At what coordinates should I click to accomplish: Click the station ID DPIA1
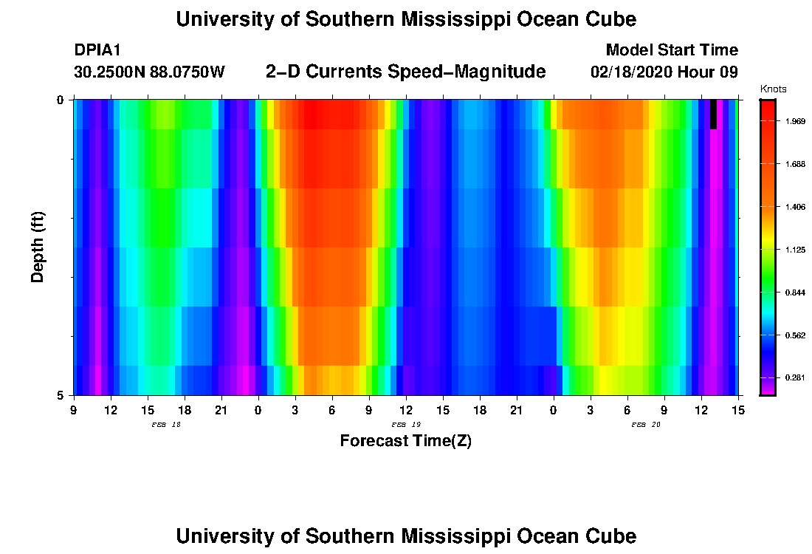97,50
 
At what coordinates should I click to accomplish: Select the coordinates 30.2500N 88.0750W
149,72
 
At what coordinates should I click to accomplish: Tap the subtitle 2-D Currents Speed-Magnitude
405,72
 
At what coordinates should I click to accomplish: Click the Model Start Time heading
671,50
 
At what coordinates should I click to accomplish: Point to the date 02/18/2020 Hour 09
664,72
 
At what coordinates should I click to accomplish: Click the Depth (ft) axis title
38,247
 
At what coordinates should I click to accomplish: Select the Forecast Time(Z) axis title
405,441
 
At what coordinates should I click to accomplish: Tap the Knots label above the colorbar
773,89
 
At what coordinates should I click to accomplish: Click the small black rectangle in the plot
713,114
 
